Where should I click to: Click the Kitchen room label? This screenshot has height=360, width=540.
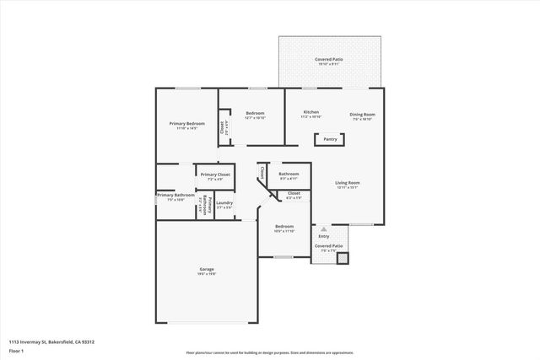click(311, 112)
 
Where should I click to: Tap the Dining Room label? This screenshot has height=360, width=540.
click(363, 114)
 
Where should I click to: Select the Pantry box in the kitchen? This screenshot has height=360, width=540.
click(330, 141)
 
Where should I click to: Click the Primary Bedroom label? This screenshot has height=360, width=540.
click(187, 124)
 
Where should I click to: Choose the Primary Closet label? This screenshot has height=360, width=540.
click(215, 175)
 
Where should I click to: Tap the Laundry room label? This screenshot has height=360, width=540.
click(224, 202)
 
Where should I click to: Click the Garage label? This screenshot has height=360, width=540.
click(207, 269)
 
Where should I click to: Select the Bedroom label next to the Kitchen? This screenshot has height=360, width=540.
click(255, 113)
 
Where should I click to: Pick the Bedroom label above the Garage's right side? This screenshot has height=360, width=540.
click(283, 226)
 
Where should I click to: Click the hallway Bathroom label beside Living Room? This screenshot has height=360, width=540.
click(289, 174)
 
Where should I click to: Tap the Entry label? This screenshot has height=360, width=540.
click(324, 236)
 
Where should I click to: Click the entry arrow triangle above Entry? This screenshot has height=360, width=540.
click(324, 228)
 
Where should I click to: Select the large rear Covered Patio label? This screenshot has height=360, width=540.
click(329, 60)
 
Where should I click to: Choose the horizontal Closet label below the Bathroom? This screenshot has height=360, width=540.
click(294, 193)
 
